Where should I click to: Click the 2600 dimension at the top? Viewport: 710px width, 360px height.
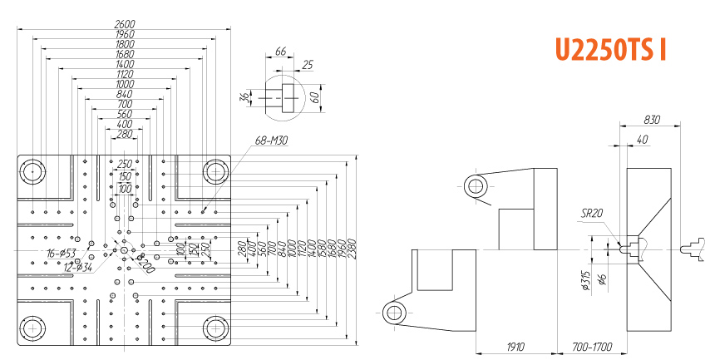124,25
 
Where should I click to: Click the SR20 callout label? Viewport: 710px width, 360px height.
592,213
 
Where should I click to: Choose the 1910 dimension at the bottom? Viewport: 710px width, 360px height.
515,345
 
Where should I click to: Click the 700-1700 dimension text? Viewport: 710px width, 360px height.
591,345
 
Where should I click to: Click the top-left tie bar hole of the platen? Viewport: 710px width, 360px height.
32,171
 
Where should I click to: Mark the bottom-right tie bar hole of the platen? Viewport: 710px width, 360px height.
216,327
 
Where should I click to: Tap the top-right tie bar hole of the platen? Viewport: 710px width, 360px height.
216,171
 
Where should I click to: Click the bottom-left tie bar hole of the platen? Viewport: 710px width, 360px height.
32,327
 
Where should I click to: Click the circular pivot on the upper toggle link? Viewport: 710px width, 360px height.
476,185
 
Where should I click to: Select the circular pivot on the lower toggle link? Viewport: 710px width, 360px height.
393,314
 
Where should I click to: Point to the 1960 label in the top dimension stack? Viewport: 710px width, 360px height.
124,34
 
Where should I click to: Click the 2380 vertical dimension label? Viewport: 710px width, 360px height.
352,249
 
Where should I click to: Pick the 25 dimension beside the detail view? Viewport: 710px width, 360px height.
308,64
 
